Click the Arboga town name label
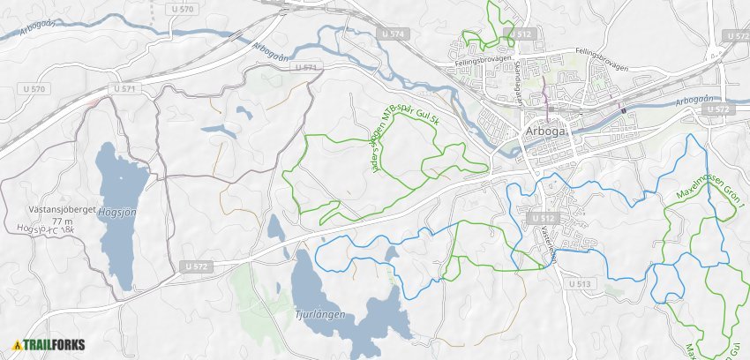[x=547, y=132]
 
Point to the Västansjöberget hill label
[x=62, y=211]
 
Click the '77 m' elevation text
[x=63, y=221]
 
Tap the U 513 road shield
[x=580, y=283]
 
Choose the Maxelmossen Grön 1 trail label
[x=711, y=194]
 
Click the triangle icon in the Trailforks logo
[x=18, y=345]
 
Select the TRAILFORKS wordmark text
[x=54, y=345]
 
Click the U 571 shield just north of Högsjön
[x=128, y=89]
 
